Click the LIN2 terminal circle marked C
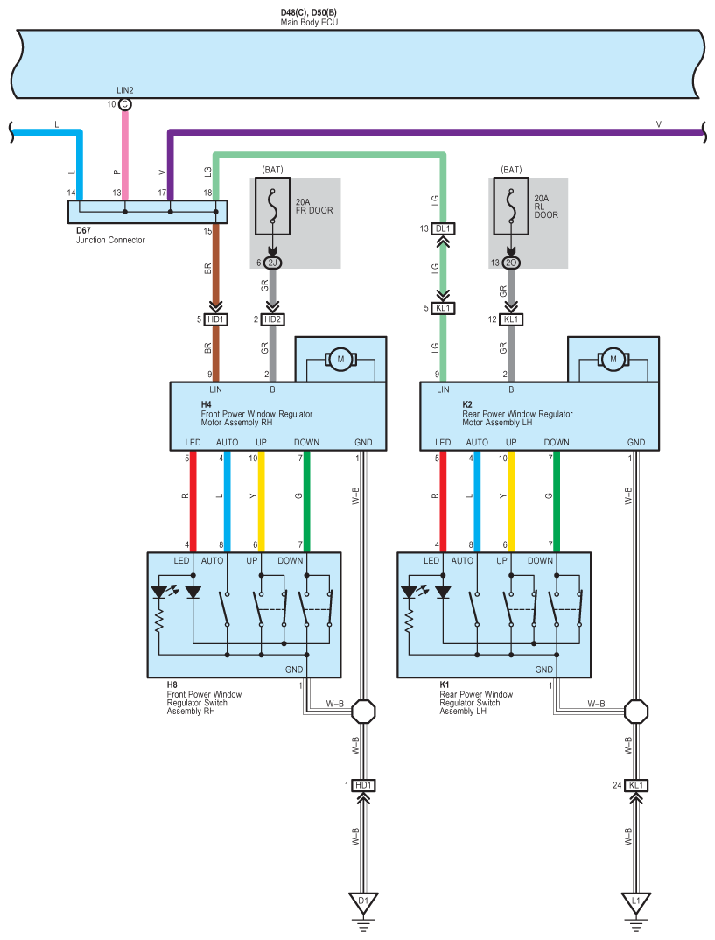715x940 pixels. click(124, 104)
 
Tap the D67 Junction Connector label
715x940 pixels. click(110, 235)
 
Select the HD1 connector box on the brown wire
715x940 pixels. click(215, 319)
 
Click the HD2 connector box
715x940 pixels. click(273, 319)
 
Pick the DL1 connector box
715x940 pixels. click(443, 228)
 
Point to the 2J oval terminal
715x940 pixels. click(273, 263)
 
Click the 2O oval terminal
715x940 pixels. click(511, 263)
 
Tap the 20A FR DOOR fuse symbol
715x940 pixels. click(273, 206)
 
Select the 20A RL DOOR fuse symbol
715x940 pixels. click(511, 206)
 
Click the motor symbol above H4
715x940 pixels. click(340, 360)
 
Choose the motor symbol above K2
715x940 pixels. click(613, 360)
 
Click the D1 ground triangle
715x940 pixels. click(363, 902)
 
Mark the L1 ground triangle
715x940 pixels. click(636, 902)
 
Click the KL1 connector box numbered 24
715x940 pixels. click(636, 785)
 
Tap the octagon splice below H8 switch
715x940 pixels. click(363, 712)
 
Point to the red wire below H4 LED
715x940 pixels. click(193, 502)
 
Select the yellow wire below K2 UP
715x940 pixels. click(511, 502)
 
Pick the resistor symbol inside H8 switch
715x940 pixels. click(158, 621)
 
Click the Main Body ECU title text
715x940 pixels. click(309, 22)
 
